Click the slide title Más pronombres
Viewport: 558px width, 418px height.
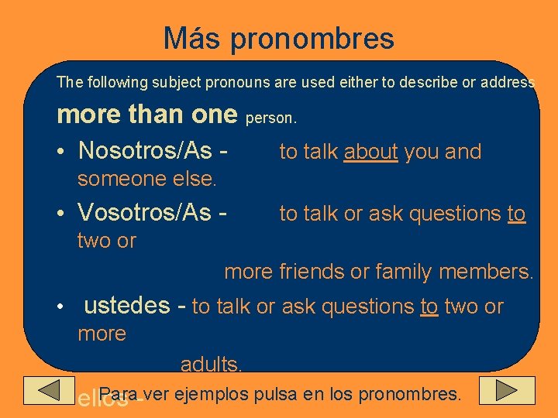(278, 38)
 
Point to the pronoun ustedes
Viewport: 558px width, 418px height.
(126, 305)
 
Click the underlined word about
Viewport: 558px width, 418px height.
(370, 152)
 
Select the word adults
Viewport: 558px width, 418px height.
(212, 364)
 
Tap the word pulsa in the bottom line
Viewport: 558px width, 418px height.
(270, 394)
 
